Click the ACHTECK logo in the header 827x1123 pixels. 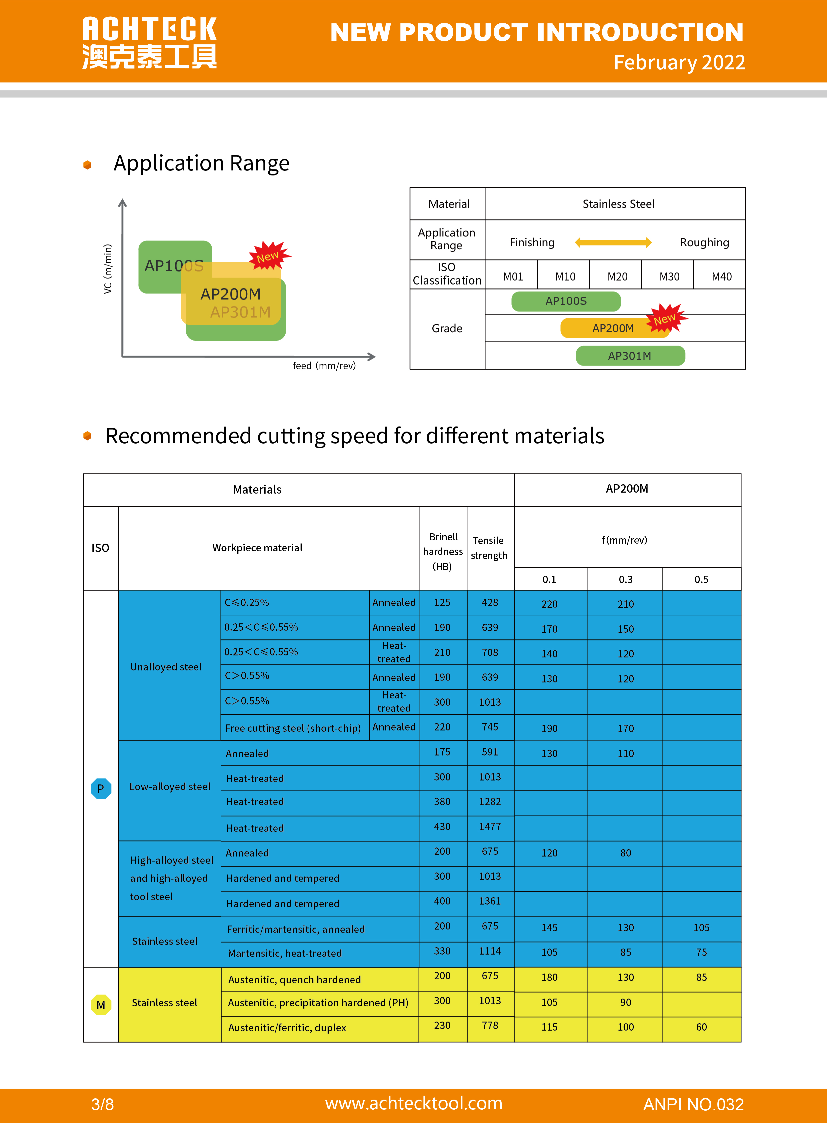coord(149,43)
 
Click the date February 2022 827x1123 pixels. coord(679,63)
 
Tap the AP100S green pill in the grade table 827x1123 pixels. coord(566,301)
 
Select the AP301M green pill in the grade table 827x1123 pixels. coord(630,356)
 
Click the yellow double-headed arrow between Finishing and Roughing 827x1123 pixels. coord(613,242)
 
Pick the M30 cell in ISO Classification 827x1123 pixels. coord(669,276)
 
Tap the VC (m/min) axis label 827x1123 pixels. coord(108,269)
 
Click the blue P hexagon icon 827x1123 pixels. coord(101,788)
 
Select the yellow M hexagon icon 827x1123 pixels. coord(101,1005)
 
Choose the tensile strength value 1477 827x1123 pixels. coord(490,826)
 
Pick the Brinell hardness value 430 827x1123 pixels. coord(442,826)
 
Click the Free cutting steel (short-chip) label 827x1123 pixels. coord(293,728)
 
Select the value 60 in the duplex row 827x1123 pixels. coord(701,1027)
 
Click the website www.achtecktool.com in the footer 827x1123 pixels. coord(413,1103)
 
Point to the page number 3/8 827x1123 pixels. coord(103,1104)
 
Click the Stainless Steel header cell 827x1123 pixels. coord(618,204)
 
